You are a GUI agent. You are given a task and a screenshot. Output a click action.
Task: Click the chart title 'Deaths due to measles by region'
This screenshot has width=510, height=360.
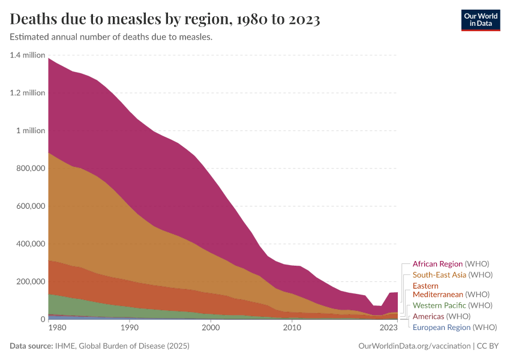[165, 19]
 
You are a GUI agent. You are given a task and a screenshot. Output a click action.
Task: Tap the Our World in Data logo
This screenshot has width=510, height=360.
[480, 20]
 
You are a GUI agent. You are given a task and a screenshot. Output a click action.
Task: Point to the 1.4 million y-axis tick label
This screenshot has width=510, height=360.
[28, 55]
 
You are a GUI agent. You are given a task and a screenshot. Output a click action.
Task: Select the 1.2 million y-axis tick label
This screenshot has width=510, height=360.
[28, 93]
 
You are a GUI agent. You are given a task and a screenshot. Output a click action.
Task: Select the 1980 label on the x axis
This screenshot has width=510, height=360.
[57, 328]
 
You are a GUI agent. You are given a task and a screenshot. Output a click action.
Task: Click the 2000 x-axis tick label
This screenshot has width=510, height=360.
[211, 328]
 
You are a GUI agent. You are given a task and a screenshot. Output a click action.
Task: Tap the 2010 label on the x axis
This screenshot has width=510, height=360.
[292, 328]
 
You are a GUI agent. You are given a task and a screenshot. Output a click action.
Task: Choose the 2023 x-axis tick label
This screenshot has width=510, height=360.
[389, 328]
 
